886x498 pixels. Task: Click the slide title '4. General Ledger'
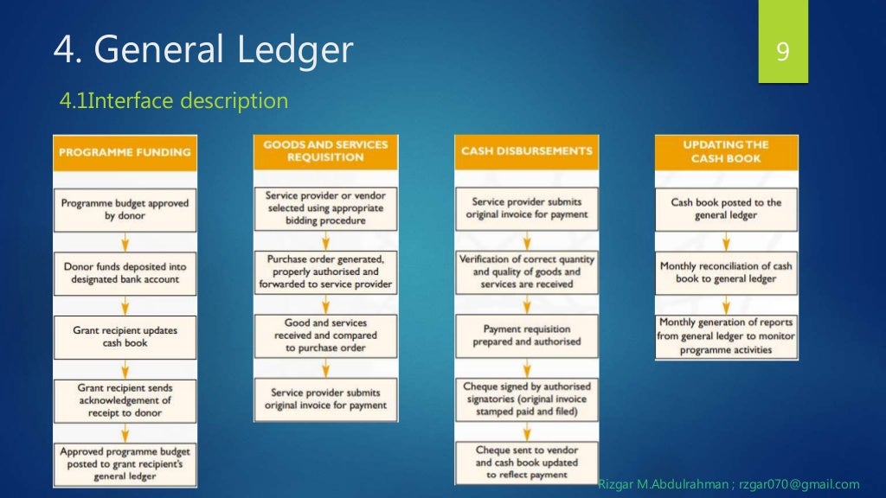pos(203,50)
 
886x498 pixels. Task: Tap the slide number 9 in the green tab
pos(782,52)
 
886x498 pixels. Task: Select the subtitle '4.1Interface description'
pos(173,101)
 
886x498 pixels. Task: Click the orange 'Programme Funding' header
pos(125,152)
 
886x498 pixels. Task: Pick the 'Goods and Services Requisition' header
pos(325,151)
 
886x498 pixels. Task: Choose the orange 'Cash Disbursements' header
pos(526,151)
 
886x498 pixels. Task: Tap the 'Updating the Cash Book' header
pos(726,151)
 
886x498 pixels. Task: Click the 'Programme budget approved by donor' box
pos(125,209)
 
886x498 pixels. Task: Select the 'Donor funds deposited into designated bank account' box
pos(125,273)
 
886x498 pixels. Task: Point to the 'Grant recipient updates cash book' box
pos(125,336)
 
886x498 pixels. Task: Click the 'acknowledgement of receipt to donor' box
pos(125,400)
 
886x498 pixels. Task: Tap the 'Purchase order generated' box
pos(325,271)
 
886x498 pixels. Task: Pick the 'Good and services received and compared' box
pos(325,335)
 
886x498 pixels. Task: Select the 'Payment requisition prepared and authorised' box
pos(526,335)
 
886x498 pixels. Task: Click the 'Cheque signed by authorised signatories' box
pos(526,399)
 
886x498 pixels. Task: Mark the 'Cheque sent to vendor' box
pos(526,462)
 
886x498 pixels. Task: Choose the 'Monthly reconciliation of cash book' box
pos(726,272)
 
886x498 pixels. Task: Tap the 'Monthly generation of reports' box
pos(726,336)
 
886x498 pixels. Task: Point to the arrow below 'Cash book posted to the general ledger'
pos(726,241)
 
